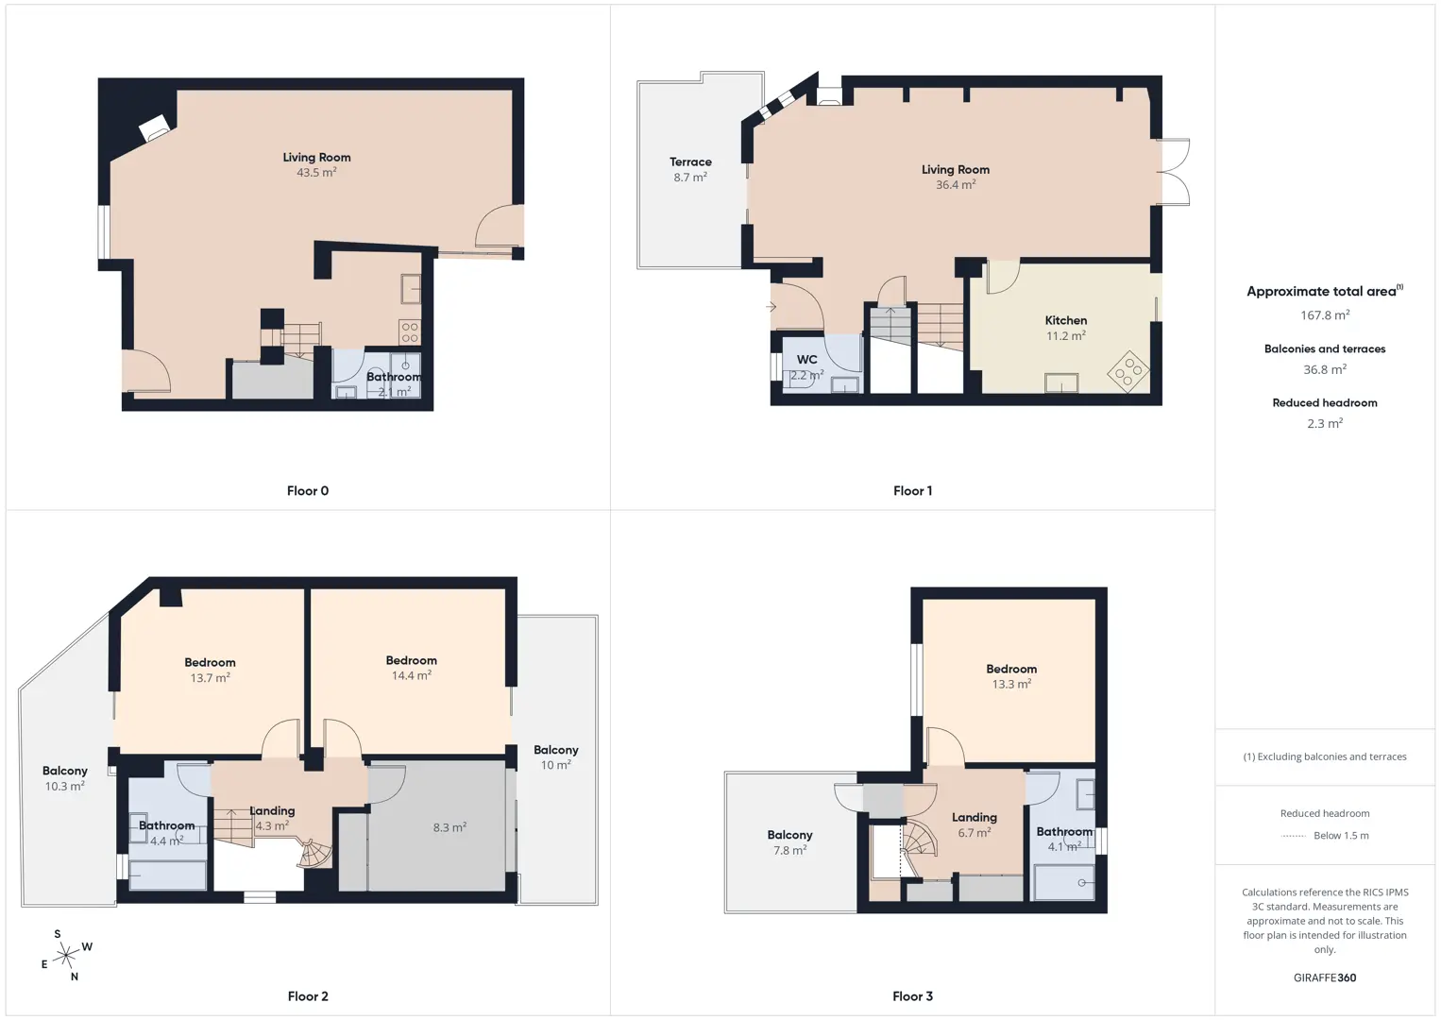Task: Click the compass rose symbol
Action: point(66,955)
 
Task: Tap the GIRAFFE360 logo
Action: point(1325,977)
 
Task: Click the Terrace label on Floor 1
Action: point(690,162)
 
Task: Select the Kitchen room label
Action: point(1066,320)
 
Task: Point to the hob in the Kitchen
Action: point(1128,371)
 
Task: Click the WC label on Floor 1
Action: point(806,360)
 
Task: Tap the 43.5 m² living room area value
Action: point(316,173)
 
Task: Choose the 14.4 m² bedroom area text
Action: point(412,675)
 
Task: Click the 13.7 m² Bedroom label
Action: point(210,662)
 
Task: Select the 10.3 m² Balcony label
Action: point(65,771)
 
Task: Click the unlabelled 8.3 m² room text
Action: point(449,827)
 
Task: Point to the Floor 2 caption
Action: point(308,996)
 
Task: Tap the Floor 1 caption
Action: point(912,491)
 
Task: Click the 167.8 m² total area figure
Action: point(1325,314)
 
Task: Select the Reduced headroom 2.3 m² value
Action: point(1325,423)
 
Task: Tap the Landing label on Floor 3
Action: point(974,817)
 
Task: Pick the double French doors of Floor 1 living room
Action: point(1174,172)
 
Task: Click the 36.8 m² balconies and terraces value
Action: point(1325,369)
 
